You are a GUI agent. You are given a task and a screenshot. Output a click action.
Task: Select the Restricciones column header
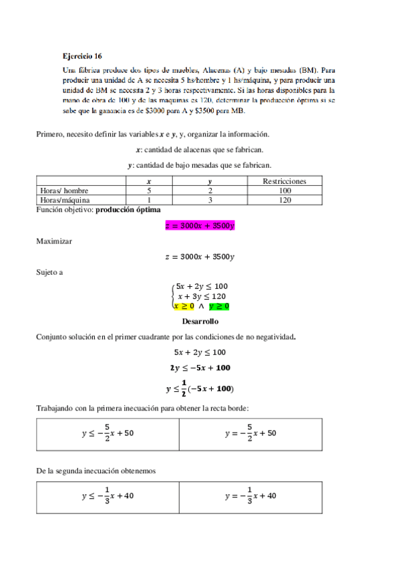coord(285,181)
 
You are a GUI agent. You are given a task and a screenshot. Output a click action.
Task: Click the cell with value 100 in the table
coord(285,190)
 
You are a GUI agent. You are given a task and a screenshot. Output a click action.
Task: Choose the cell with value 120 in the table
coord(285,199)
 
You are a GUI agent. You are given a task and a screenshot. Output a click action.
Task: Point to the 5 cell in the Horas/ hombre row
coord(148,190)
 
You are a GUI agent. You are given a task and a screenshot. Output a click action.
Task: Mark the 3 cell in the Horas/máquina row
coord(210,199)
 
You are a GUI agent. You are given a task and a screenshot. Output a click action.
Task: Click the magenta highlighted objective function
coord(200,226)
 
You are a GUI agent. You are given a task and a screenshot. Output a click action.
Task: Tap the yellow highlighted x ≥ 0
coord(184,306)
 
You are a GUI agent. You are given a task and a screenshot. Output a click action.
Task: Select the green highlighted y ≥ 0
coord(219,306)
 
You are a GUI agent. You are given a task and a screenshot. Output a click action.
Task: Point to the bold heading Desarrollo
coord(200,321)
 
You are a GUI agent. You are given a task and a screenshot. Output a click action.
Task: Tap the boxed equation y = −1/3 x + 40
coord(250,495)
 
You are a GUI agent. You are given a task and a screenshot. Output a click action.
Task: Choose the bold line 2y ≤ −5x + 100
coord(200,368)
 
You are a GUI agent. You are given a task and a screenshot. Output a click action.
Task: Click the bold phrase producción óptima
coord(128,210)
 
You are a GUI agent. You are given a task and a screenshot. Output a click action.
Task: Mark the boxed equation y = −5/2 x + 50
coord(250,433)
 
